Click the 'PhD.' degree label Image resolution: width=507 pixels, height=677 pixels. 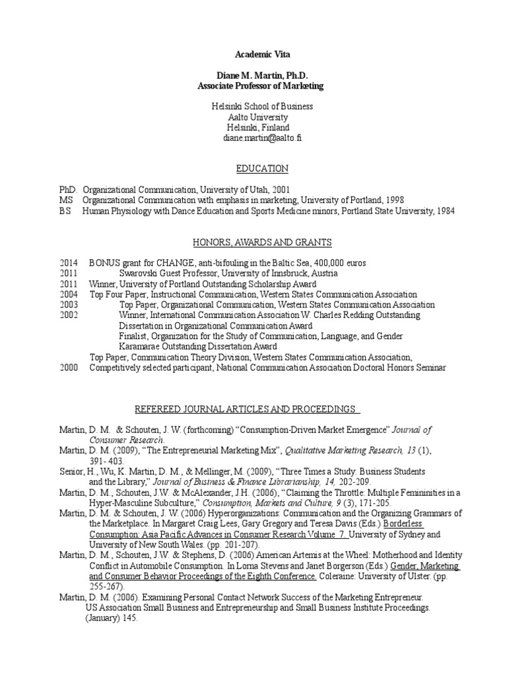tap(68, 190)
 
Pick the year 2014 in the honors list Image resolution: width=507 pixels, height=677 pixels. tap(68, 263)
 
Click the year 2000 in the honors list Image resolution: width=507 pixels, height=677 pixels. tap(68, 368)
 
